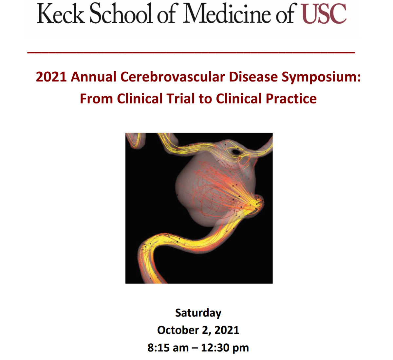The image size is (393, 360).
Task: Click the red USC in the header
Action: (324, 13)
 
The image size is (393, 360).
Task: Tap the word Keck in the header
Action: (61, 13)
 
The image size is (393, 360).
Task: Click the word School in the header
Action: (121, 13)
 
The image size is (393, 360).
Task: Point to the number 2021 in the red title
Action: (51, 77)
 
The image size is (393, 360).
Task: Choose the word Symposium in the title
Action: (321, 77)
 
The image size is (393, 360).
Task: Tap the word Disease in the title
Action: (253, 77)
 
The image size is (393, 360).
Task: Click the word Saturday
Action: (198, 313)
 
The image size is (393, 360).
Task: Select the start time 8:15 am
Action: (168, 348)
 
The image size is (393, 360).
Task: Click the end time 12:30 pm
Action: (225, 348)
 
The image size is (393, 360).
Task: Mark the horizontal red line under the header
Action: (191, 52)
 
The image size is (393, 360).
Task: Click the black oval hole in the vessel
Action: (236, 152)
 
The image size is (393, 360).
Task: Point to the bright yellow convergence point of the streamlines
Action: (257, 205)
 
